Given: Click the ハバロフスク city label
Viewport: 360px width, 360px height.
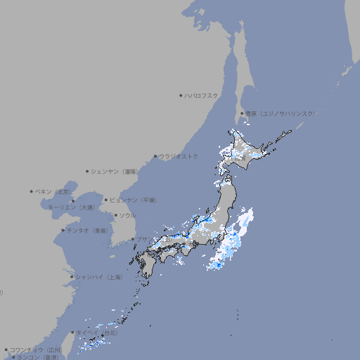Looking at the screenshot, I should point(202,95).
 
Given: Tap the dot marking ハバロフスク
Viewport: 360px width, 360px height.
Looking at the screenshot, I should point(181,95).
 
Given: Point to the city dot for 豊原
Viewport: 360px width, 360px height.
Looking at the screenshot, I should point(242,113).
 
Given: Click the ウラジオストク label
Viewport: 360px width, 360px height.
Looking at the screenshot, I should point(179,156).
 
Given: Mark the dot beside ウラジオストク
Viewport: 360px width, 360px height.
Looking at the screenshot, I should point(155,156).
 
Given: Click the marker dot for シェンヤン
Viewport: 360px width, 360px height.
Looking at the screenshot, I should point(87,171).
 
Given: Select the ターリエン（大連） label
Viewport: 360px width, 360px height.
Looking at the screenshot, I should point(71,208).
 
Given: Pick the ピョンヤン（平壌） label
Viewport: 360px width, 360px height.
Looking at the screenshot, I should point(134,200).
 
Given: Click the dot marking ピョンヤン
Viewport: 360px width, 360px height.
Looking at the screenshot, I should point(107,200).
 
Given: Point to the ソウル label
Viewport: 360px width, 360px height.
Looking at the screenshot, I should point(127,215).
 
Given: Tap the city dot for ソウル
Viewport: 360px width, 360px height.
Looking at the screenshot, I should point(115,215).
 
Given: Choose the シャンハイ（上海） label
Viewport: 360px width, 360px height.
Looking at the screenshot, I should point(99,277).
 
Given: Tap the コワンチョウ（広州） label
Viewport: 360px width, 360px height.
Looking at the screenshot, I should point(36,349).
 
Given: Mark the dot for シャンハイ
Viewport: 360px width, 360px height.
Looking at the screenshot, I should point(72,277).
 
